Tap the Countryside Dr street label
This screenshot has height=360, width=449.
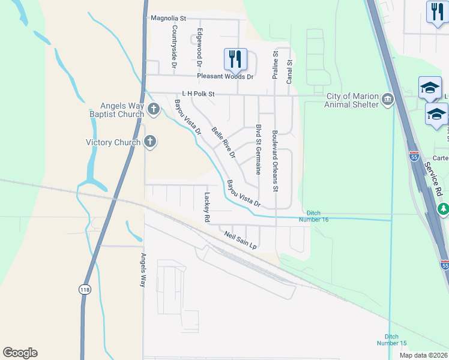tap(174, 45)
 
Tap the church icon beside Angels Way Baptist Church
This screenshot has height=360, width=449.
tap(153, 109)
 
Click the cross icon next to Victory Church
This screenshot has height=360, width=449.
tap(150, 142)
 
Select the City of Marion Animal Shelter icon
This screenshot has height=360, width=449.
tap(388, 99)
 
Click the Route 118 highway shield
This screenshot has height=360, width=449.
tap(84, 289)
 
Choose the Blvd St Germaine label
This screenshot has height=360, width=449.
tap(258, 149)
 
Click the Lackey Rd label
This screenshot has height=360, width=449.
tap(206, 208)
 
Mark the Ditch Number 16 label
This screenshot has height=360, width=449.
tap(318, 216)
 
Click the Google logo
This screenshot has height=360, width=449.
tap(20, 353)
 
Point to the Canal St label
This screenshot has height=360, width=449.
tap(289, 71)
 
